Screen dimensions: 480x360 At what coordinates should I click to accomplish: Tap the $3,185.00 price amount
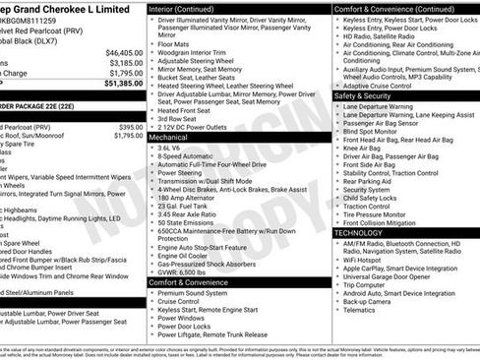coord(124,62)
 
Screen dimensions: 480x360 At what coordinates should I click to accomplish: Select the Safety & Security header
coord(372,96)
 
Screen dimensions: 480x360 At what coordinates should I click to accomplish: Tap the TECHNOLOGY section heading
coord(369,231)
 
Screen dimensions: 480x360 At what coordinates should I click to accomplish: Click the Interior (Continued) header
coord(189,8)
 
